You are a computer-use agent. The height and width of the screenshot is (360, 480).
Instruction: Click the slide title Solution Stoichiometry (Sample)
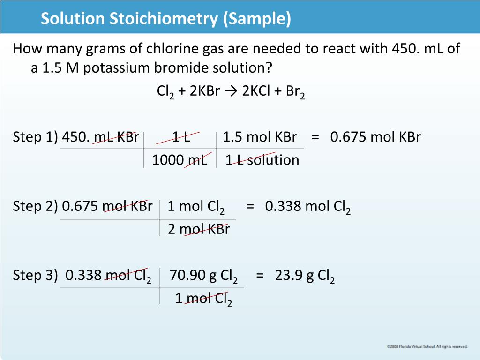[x=165, y=19]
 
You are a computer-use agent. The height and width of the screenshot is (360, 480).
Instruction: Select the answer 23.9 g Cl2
[x=305, y=275]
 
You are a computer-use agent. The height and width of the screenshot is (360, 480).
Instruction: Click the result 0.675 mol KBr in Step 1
[x=375, y=137]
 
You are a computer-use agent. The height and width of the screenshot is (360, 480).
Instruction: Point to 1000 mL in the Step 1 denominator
[x=180, y=160]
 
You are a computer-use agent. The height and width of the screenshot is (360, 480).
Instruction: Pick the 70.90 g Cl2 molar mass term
[x=203, y=275]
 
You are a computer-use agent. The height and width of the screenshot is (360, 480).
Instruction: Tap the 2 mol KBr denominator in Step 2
[x=199, y=229]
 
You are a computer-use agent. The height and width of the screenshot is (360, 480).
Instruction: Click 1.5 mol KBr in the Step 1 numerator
[x=260, y=137]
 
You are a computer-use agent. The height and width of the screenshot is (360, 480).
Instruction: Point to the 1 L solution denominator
[x=262, y=160]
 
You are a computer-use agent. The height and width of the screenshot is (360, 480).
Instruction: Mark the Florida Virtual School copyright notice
[x=427, y=347]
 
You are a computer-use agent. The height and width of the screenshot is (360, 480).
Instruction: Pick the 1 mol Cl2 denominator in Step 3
[x=203, y=298]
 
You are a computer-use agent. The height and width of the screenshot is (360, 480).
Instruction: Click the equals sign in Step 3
[x=260, y=275]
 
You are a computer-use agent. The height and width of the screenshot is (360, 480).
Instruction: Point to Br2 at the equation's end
[x=295, y=91]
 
